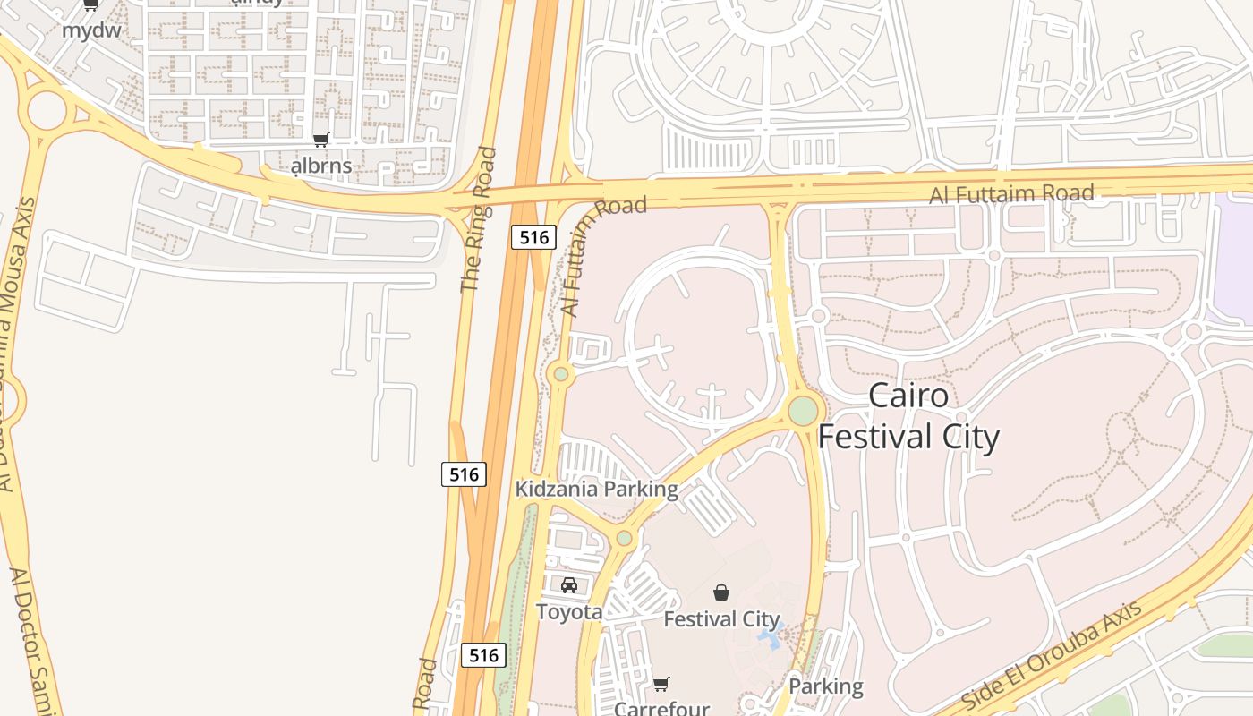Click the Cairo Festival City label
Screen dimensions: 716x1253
pyautogui.click(x=908, y=416)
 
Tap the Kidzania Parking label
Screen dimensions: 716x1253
pyautogui.click(x=596, y=490)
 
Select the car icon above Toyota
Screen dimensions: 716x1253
pyautogui.click(x=569, y=585)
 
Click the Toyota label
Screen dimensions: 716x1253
pyautogui.click(x=569, y=612)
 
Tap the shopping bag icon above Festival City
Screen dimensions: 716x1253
pyautogui.click(x=721, y=592)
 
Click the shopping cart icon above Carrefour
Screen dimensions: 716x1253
pyautogui.click(x=661, y=685)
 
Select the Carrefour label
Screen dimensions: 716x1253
pyautogui.click(x=661, y=708)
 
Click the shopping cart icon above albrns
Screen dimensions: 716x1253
pyautogui.click(x=320, y=140)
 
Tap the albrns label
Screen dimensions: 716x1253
pyautogui.click(x=322, y=166)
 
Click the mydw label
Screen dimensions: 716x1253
pyautogui.click(x=91, y=30)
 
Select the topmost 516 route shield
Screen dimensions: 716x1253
pyautogui.click(x=533, y=237)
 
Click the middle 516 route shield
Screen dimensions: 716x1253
pyautogui.click(x=464, y=474)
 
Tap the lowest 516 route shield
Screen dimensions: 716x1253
pyautogui.click(x=483, y=655)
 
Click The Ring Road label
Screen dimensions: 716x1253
pyautogui.click(x=478, y=220)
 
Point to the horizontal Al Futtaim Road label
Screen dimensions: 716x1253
pyautogui.click(x=1011, y=193)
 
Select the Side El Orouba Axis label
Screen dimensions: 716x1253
pyautogui.click(x=1053, y=656)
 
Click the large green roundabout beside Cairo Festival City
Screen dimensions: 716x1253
pyautogui.click(x=803, y=411)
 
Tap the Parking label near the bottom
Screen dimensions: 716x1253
pyautogui.click(x=825, y=686)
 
